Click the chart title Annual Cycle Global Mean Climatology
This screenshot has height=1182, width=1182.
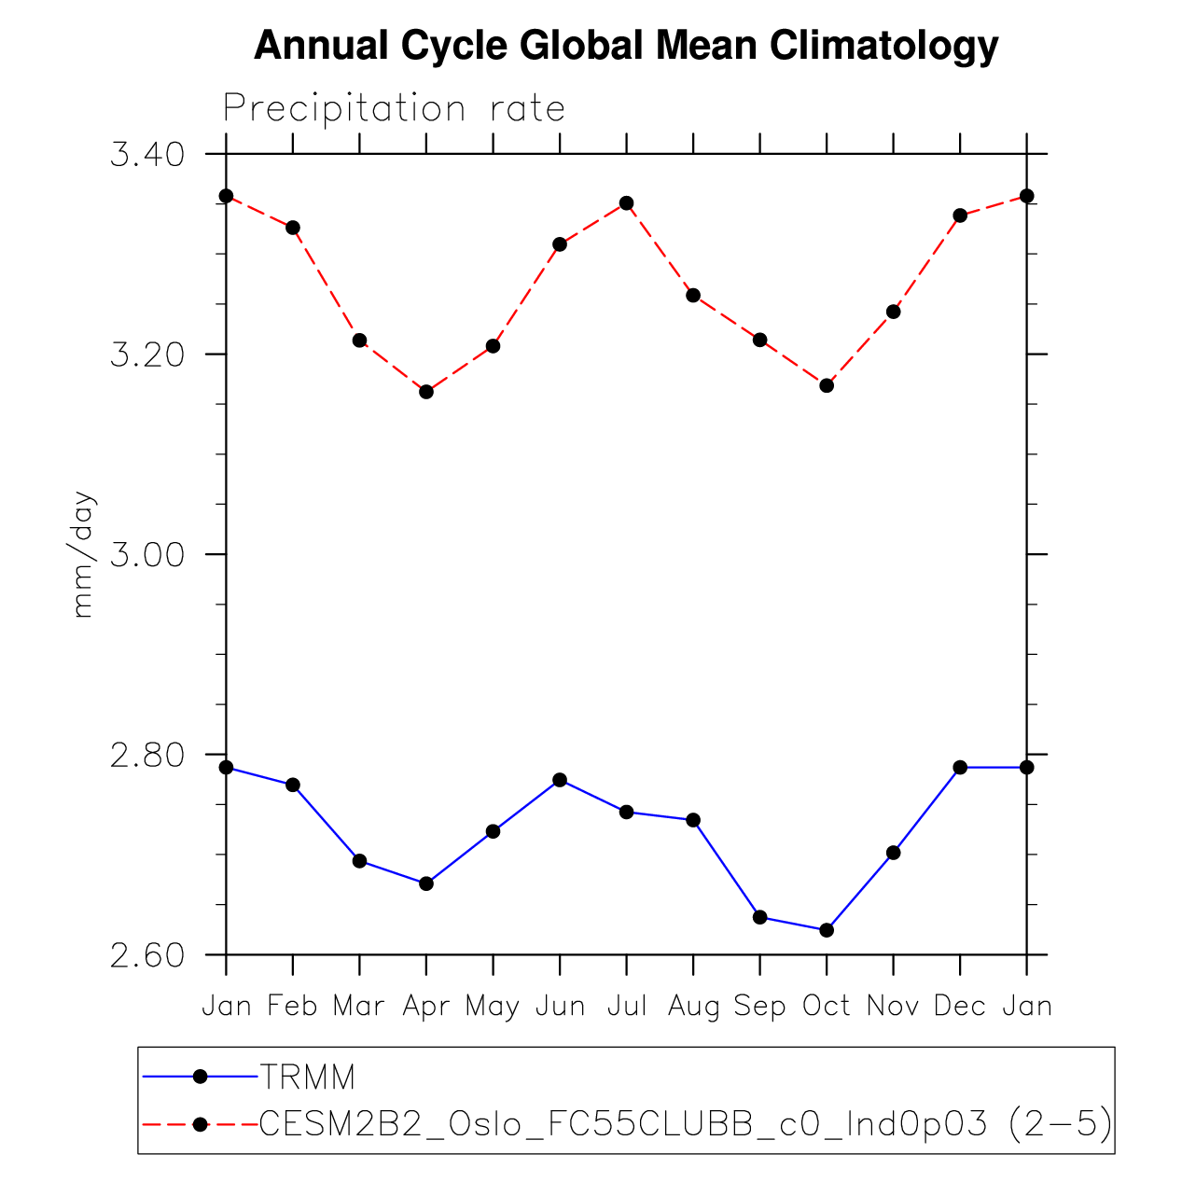626,45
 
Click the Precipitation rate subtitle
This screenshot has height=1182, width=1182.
394,108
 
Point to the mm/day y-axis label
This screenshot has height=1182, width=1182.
83,554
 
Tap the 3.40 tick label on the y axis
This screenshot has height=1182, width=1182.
146,154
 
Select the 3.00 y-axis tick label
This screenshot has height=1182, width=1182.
146,555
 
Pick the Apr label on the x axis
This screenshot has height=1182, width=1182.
426,1006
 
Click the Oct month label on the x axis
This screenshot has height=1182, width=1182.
827,1006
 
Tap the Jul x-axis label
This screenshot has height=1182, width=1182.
627,1006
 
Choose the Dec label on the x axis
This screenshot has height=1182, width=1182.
960,1006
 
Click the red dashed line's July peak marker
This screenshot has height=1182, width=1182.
627,203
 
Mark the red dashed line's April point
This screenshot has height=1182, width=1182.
426,392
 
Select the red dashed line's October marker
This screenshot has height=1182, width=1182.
827,385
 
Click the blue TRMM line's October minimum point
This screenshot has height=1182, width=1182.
827,930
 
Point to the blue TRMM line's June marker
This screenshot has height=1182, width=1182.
560,780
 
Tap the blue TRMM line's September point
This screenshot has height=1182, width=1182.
759,917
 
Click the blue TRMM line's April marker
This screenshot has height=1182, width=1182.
426,883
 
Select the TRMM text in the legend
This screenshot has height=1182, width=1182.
308,1078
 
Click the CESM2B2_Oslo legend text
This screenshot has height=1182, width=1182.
686,1124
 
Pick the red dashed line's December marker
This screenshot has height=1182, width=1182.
960,216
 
